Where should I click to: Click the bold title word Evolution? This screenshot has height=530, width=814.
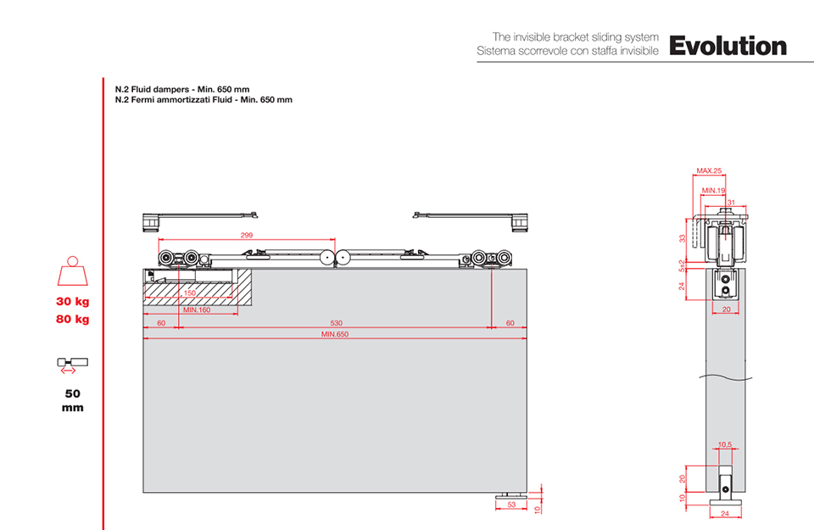point(728,46)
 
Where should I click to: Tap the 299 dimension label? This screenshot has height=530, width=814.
point(247,235)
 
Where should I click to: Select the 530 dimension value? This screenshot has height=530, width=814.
point(337,323)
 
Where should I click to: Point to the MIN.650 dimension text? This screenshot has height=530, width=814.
point(335,334)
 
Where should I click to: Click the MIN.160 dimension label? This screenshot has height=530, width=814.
point(197,310)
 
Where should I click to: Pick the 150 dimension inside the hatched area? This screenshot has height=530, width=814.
point(190,293)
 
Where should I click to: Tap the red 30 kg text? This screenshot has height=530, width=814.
point(73,302)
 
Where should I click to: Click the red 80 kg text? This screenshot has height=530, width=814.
point(73,319)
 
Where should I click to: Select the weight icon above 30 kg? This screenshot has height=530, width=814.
point(73,271)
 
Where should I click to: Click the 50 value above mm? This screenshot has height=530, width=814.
point(73,393)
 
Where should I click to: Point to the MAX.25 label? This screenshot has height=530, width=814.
point(709,170)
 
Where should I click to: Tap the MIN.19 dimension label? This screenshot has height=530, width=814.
point(713,191)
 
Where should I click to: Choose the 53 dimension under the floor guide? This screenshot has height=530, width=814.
point(511,504)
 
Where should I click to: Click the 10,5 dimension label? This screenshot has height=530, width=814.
point(725,444)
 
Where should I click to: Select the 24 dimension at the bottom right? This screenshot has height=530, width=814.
point(725,513)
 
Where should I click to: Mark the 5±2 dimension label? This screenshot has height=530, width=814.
point(682,265)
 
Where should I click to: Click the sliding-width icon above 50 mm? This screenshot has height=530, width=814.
point(73,365)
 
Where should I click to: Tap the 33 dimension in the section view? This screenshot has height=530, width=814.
point(682,238)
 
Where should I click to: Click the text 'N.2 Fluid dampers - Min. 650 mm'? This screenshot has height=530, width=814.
point(182,89)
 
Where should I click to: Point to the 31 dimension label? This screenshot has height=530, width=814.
point(731,203)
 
